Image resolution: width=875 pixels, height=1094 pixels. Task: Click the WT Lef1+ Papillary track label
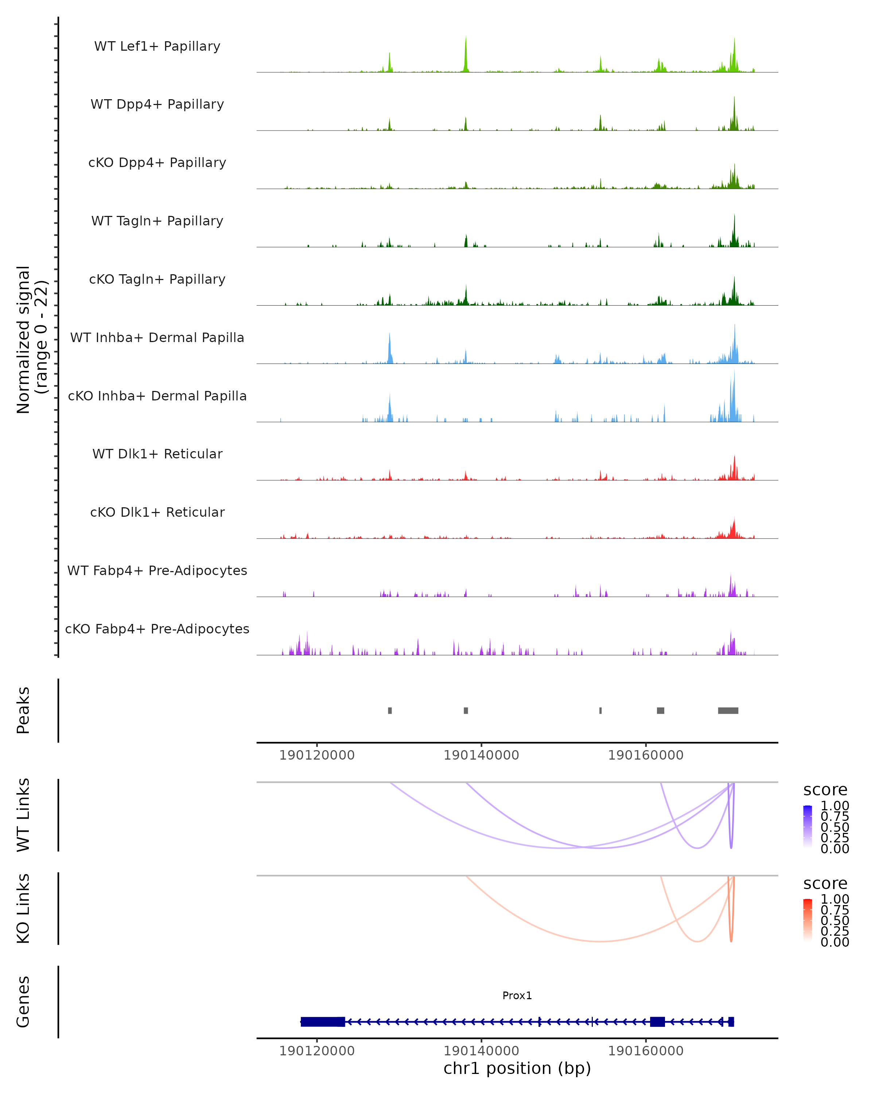[157, 46]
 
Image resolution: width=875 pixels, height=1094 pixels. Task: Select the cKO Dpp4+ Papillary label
[157, 163]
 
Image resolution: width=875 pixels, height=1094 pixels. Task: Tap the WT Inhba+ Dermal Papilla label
[157, 338]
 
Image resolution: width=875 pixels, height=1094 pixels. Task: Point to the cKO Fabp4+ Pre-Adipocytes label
[157, 629]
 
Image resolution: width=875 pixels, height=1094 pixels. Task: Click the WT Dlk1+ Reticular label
[157, 454]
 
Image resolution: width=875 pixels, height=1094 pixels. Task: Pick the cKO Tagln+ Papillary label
[157, 280]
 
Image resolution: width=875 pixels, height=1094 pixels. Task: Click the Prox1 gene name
[517, 996]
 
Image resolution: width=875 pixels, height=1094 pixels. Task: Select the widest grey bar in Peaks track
[728, 710]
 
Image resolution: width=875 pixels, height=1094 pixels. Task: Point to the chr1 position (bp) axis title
[517, 1068]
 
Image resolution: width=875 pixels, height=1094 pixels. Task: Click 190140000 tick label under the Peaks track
[481, 755]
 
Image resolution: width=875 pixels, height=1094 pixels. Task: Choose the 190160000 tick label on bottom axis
[645, 1051]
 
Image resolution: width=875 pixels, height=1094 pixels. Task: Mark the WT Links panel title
[23, 815]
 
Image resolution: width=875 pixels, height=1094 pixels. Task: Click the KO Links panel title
[23, 908]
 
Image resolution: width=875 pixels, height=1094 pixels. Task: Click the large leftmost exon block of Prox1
[323, 1022]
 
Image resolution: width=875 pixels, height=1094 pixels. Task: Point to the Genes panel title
[23, 1002]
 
